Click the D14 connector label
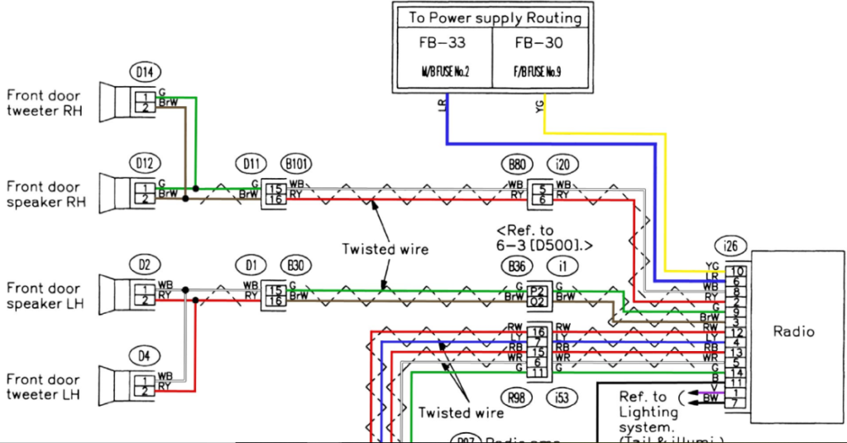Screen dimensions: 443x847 (x=145, y=73)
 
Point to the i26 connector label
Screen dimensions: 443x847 (x=729, y=246)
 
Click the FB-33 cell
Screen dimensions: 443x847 (x=443, y=43)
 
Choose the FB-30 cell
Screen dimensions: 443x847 (x=538, y=43)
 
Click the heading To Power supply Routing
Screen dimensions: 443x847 (x=495, y=17)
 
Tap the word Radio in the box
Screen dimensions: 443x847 (x=793, y=331)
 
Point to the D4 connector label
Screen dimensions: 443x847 (x=145, y=357)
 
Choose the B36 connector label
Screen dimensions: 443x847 (x=517, y=266)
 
